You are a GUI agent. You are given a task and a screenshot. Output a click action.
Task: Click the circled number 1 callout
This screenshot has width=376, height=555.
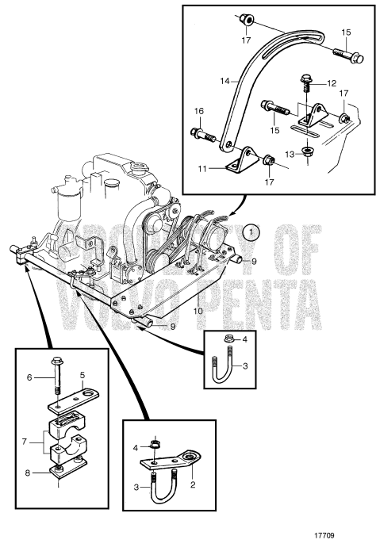[251, 232]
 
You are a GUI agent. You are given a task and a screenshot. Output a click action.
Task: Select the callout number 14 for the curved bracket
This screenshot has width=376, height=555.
[224, 81]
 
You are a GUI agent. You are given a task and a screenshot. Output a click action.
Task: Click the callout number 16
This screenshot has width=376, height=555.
[199, 111]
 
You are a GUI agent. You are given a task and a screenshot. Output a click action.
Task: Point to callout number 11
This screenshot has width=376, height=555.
[201, 169]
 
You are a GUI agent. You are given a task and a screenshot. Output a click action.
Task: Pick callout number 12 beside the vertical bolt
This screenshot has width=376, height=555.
[332, 83]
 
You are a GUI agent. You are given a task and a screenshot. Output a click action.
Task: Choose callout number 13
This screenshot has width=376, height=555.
[290, 155]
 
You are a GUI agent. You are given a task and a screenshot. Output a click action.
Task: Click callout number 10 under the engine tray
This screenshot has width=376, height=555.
[198, 311]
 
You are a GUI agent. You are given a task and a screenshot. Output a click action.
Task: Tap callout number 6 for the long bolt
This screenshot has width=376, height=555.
[29, 377]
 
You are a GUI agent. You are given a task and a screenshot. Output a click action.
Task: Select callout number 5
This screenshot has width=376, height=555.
[82, 374]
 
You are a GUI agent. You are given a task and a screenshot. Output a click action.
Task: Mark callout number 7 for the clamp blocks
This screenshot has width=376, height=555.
[24, 442]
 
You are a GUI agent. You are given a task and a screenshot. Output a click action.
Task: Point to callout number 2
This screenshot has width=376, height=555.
[193, 484]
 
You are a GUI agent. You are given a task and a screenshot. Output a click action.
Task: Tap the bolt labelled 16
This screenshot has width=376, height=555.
[203, 135]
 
